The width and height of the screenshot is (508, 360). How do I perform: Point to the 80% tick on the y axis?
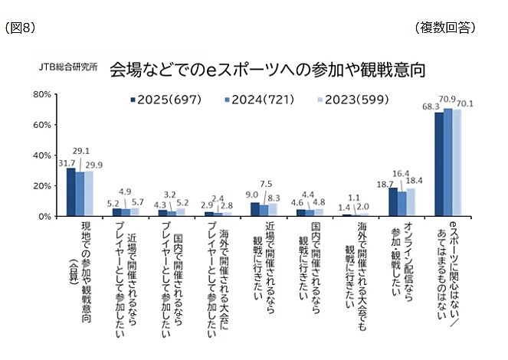pos(42,94)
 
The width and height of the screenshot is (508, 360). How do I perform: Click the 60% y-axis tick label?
pos(42,125)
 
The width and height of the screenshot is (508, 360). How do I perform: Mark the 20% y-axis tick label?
pos(42,186)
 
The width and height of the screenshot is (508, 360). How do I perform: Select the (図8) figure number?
pos(20,28)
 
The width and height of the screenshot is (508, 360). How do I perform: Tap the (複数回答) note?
pos(445,28)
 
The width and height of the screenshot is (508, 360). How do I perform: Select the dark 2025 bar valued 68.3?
pos(439,164)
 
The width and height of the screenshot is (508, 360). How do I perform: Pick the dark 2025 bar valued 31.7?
pos(70,191)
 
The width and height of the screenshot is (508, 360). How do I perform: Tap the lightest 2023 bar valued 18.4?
pos(411,202)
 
